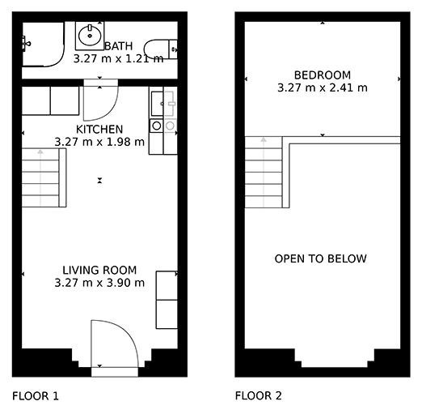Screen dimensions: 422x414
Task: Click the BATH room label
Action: pos(118,46)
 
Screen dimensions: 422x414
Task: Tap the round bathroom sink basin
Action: pos(90,36)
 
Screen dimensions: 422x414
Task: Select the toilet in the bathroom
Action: pos(161,49)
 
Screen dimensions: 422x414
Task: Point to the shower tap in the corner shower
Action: pos(26,43)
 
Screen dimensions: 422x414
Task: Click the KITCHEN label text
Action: pos(99,130)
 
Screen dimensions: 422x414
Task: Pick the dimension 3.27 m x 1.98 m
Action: pos(99,142)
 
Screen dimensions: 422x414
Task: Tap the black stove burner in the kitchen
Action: pos(157,126)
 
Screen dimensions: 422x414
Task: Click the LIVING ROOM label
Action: pos(99,270)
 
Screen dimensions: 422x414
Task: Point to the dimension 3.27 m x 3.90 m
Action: pos(99,283)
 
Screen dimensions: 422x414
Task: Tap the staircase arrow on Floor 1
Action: pos(40,177)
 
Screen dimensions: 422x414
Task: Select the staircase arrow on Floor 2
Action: pos(264,173)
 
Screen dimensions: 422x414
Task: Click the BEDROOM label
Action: pos(323,75)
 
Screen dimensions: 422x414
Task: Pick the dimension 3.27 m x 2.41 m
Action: pos(323,87)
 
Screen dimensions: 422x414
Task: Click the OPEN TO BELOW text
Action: pos(320,258)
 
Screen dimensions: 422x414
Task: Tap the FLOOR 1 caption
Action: pos(36,396)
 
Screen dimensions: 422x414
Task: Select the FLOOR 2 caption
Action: pos(259,395)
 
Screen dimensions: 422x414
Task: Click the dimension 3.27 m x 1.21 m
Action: pos(118,58)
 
